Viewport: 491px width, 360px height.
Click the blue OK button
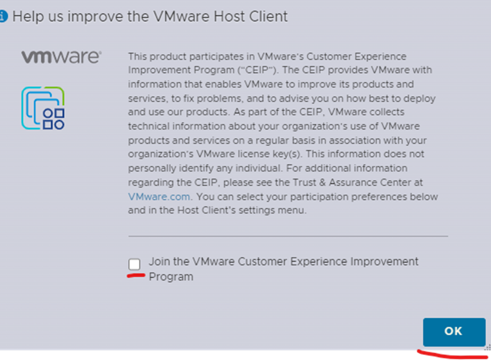(454, 332)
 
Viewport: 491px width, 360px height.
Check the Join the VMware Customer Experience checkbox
(134, 264)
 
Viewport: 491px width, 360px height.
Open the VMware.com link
(159, 197)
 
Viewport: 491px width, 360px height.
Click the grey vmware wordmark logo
(61, 57)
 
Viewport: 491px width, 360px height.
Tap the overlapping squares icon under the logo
(43, 108)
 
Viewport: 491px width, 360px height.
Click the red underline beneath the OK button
(452, 355)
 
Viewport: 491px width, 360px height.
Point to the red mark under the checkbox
(136, 275)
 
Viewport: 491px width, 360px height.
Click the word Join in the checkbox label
(158, 261)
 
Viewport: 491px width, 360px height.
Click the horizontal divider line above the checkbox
(288, 236)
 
